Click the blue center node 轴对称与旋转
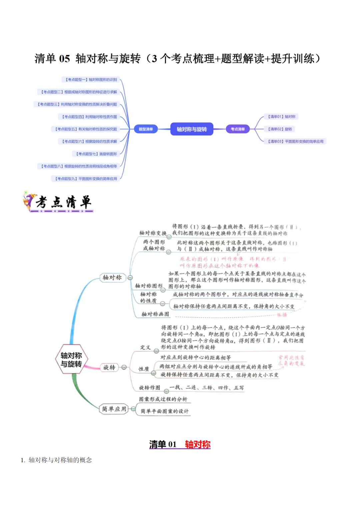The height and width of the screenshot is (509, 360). [192, 129]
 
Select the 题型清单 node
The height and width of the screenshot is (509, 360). [146, 129]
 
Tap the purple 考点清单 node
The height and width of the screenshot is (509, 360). [238, 129]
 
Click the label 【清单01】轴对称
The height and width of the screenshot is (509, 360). [282, 117]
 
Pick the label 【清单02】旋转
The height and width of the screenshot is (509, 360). [280, 129]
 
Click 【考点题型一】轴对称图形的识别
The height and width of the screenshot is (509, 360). [91, 80]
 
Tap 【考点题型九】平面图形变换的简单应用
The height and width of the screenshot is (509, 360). [86, 179]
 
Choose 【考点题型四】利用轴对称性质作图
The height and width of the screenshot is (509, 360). [89, 117]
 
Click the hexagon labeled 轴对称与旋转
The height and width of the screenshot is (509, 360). [71, 360]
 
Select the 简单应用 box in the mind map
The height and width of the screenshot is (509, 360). [114, 409]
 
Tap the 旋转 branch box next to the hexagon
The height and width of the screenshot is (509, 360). [109, 367]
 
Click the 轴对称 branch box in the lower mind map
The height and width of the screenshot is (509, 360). [112, 277]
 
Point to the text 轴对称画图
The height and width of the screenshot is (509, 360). [155, 314]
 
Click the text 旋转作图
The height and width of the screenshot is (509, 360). [149, 388]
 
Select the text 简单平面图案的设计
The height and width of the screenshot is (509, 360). [164, 411]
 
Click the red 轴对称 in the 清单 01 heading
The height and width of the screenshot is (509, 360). [198, 444]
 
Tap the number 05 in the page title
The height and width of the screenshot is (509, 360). [64, 59]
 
